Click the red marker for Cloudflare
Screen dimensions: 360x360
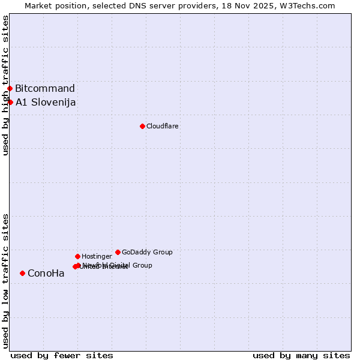[142, 126]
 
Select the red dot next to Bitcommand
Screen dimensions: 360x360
[10, 89]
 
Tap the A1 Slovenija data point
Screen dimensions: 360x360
[10, 102]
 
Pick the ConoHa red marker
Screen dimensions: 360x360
[22, 273]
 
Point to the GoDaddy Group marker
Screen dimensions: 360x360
[118, 252]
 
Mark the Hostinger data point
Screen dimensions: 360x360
[77, 256]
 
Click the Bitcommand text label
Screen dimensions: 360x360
[45, 89]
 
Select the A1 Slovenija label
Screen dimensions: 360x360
[46, 102]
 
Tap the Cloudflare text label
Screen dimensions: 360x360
[163, 126]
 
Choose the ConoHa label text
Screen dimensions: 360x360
[46, 274]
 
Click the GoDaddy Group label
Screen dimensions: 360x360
[147, 252]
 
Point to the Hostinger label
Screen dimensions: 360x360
[97, 256]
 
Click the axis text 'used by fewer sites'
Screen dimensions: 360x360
[62, 355]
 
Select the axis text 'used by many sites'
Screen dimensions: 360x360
[301, 355]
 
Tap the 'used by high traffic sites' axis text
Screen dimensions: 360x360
[5, 85]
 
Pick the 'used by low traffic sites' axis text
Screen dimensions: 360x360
[5, 281]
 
